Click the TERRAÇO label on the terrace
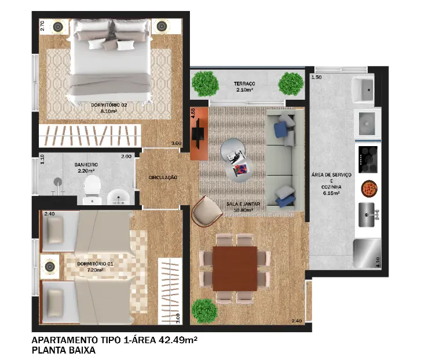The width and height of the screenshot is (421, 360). pyautogui.click(x=244, y=83)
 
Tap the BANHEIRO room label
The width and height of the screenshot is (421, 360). pyautogui.click(x=86, y=165)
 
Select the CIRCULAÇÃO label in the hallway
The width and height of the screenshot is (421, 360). pyautogui.click(x=163, y=177)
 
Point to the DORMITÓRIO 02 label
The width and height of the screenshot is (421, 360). pyautogui.click(x=109, y=105)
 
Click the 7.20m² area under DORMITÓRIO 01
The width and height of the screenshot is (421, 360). pyautogui.click(x=95, y=270)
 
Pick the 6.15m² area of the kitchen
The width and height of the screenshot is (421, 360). pyautogui.click(x=331, y=193)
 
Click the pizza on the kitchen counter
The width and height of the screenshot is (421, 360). pyautogui.click(x=369, y=188)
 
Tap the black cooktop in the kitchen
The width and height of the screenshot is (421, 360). pyautogui.click(x=368, y=159)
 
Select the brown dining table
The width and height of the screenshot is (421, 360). pyautogui.click(x=235, y=268)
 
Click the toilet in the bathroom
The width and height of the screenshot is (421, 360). pyautogui.click(x=92, y=190)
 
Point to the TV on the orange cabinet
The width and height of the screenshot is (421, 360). pyautogui.click(x=198, y=133)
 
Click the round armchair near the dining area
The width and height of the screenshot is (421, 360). pyautogui.click(x=207, y=212)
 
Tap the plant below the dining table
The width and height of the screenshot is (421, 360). pyautogui.click(x=204, y=311)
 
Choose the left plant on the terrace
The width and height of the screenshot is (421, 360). pyautogui.click(x=205, y=83)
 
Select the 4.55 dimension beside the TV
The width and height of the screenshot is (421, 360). pyautogui.click(x=193, y=113)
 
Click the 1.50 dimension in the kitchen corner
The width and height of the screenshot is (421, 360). pyautogui.click(x=316, y=77)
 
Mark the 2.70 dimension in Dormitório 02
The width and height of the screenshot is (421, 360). pyautogui.click(x=42, y=26)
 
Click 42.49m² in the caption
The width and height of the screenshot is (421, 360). pyautogui.click(x=178, y=340)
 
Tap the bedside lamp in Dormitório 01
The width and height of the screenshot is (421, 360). pyautogui.click(x=50, y=267)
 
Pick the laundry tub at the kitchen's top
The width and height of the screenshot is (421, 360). pyautogui.click(x=363, y=89)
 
